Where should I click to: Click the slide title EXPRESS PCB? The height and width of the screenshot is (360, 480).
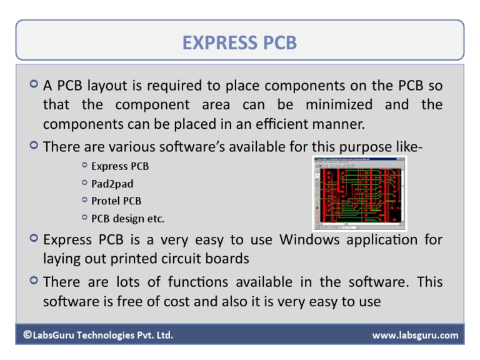click(x=239, y=42)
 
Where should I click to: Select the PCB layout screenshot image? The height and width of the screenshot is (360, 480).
click(x=359, y=193)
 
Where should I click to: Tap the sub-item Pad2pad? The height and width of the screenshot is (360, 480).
click(x=112, y=184)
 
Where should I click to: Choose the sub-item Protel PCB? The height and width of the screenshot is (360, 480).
click(x=116, y=201)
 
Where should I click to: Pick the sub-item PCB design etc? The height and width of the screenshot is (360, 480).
click(x=127, y=218)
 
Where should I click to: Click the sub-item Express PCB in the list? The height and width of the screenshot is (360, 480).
click(x=120, y=166)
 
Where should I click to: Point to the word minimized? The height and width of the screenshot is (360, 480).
click(x=338, y=104)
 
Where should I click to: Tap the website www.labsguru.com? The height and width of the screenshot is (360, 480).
click(x=415, y=336)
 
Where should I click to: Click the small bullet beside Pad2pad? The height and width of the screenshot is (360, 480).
click(x=84, y=183)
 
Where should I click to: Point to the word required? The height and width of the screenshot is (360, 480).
click(x=177, y=85)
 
